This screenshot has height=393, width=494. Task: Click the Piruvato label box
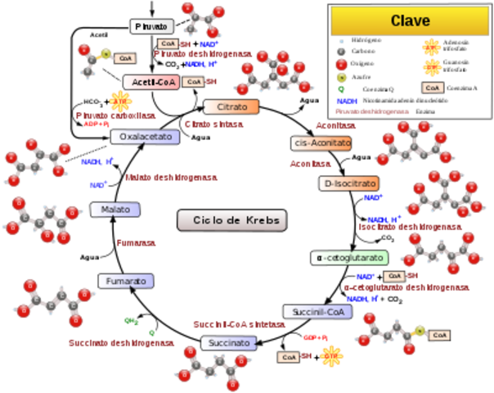152,26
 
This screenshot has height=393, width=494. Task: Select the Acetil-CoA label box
150,82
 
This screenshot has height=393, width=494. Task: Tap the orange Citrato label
231,107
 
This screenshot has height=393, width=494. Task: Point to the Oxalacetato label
144,137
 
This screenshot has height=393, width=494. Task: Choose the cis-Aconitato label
321,142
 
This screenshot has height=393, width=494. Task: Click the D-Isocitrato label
348,183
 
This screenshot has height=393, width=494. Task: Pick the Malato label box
115,210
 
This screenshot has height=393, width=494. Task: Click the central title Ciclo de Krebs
233,220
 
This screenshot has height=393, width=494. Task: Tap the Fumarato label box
125,281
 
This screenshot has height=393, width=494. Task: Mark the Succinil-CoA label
317,311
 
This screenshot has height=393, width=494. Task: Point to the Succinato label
227,342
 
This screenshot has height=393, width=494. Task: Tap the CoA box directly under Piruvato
168,43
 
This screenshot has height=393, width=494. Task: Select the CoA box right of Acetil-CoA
193,82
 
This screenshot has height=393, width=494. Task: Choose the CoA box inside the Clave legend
433,87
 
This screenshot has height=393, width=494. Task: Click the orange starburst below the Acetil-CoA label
120,101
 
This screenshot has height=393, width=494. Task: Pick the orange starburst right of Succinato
331,355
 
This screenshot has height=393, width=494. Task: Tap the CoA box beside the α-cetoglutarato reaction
393,276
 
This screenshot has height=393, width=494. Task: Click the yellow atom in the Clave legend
342,79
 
